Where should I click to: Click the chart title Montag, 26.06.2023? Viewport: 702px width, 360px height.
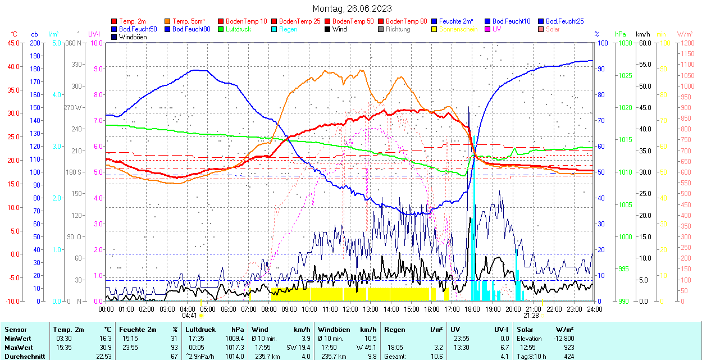pyautogui.click(x=352, y=8)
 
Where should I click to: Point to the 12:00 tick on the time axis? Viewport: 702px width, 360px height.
pyautogui.click(x=350, y=309)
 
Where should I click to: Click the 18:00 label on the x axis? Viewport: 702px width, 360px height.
pyautogui.click(x=472, y=309)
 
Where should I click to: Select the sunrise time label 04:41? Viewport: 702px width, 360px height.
pyautogui.click(x=189, y=316)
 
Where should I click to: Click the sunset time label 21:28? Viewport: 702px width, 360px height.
pyautogui.click(x=532, y=316)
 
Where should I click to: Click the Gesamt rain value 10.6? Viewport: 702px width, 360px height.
pyautogui.click(x=435, y=356)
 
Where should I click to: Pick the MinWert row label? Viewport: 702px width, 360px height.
pyautogui.click(x=18, y=339)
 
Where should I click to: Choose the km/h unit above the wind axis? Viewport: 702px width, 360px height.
pyautogui.click(x=642, y=34)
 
